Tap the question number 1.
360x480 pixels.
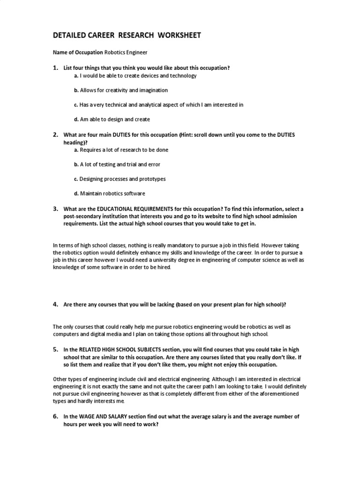(x=55, y=68)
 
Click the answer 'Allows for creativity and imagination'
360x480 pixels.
(x=124, y=90)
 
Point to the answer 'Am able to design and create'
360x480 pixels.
(x=115, y=120)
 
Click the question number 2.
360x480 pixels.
(x=55, y=135)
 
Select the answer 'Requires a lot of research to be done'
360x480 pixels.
(x=124, y=150)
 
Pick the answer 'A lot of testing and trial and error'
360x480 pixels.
(x=120, y=165)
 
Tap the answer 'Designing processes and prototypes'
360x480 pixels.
(x=122, y=179)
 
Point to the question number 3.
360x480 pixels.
(x=55, y=209)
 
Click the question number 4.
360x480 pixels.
(x=55, y=304)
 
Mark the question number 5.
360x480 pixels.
(x=55, y=350)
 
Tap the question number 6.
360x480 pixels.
(x=55, y=416)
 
